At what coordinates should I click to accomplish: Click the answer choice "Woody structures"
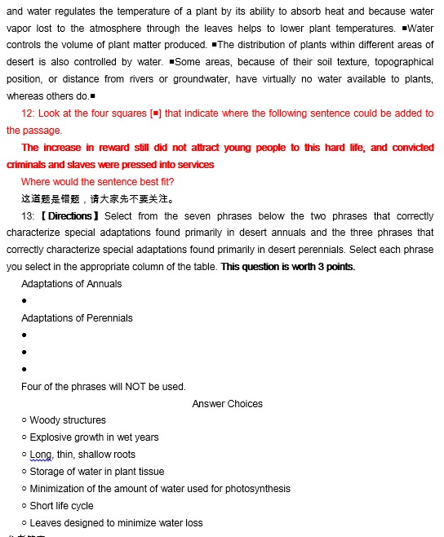click(x=68, y=420)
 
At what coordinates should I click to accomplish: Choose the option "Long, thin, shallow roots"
click(x=82, y=455)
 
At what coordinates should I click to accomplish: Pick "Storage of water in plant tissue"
click(x=96, y=472)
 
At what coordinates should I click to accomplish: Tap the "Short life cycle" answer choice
click(x=61, y=506)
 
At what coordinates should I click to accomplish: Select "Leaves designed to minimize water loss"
click(x=116, y=523)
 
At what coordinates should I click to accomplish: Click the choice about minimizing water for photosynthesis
click(x=159, y=489)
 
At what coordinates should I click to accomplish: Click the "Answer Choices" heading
click(x=228, y=403)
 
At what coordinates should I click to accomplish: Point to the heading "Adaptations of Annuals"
click(x=72, y=284)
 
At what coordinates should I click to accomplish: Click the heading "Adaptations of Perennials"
click(x=77, y=318)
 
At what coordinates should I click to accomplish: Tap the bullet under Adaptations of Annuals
click(x=24, y=301)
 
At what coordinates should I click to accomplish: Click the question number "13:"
click(x=28, y=216)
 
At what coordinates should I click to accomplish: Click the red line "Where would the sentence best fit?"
click(x=97, y=182)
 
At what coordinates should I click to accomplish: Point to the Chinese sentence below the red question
click(x=97, y=199)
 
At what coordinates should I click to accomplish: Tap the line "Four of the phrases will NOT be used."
click(x=103, y=387)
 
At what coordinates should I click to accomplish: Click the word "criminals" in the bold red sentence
click(x=28, y=165)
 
